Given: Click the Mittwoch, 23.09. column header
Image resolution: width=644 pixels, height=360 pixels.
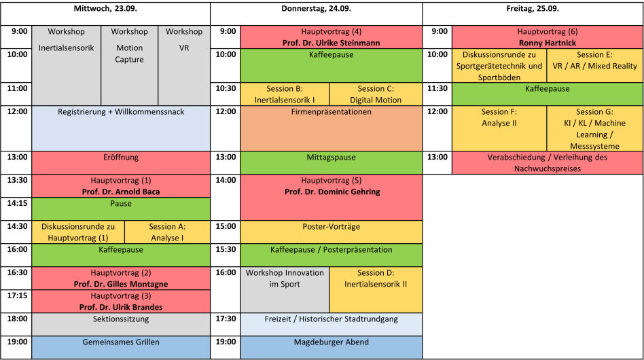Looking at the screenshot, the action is (105, 9).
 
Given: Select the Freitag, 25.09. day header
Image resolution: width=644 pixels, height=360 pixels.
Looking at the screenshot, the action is (533, 9).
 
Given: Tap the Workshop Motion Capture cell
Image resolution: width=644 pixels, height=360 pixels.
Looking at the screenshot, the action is (129, 66).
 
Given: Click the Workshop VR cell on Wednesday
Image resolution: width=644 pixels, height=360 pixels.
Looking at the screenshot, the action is (184, 66).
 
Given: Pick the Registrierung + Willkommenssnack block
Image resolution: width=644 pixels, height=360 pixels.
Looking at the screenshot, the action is (121, 128).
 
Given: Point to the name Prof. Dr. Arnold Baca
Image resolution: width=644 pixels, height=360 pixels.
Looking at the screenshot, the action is (121, 192).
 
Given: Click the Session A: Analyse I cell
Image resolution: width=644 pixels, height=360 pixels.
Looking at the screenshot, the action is (167, 232).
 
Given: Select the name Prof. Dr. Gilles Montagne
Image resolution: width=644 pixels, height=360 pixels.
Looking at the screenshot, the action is (121, 284).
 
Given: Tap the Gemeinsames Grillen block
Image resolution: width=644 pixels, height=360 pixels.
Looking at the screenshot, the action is (121, 348).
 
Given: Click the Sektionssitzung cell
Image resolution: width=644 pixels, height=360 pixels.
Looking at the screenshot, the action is (121, 324).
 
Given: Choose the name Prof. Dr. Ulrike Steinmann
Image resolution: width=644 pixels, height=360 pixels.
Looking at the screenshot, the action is (331, 43).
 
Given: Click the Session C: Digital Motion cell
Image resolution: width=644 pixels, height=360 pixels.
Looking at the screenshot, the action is (376, 94).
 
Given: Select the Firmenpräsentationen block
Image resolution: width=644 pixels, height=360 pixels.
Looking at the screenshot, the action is (331, 128).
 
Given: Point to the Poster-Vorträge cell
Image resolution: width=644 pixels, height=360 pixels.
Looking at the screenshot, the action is (331, 232).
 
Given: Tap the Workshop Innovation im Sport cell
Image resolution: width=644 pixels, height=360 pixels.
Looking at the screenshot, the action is (285, 290).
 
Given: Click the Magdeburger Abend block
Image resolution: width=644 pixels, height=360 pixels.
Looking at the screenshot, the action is (331, 348).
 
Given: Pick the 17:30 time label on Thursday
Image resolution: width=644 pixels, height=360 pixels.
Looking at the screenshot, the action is (226, 319).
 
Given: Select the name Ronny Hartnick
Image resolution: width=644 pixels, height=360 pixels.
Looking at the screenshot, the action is (548, 43).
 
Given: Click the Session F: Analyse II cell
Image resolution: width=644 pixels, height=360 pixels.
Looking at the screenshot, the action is (499, 128).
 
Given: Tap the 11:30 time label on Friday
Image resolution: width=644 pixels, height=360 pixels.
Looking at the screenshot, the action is (437, 88).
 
